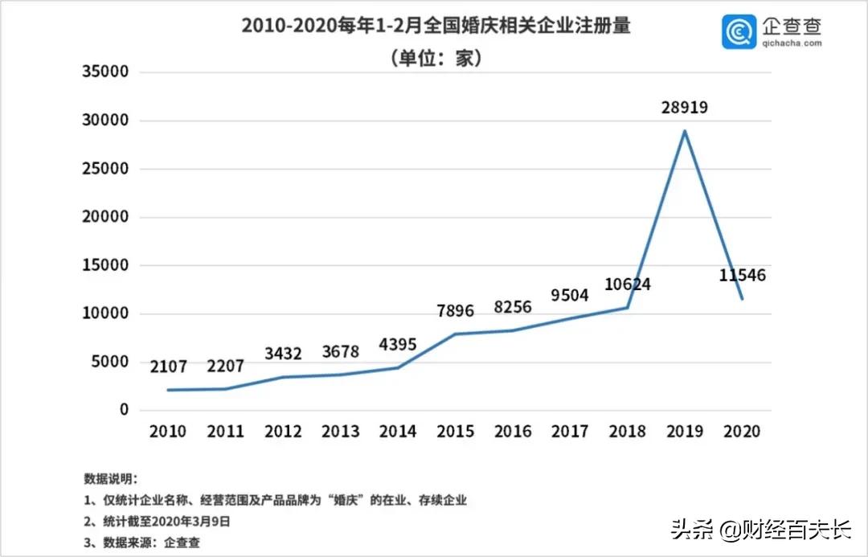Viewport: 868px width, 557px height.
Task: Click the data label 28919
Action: coord(684,106)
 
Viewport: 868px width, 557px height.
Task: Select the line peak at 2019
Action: coord(684,131)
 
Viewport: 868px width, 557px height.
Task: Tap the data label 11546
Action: coord(742,276)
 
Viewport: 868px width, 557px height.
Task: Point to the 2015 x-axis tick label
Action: coord(455,432)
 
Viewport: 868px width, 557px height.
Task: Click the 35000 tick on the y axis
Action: coord(105,72)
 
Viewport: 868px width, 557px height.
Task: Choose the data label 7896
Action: coord(455,311)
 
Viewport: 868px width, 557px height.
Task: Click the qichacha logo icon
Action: coord(739,31)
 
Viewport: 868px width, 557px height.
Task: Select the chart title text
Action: coord(436,26)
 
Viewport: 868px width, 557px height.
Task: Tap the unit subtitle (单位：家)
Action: coord(436,58)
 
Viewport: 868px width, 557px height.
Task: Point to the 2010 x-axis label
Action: coord(167,432)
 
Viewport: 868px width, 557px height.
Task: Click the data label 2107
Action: coord(167,367)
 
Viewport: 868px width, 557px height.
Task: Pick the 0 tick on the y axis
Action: coord(124,410)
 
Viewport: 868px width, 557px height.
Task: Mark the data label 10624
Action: coord(628,284)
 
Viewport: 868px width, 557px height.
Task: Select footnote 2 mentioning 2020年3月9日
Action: coord(157,521)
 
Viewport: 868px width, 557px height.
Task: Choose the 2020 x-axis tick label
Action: coord(742,432)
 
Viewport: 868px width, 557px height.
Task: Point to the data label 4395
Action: coord(398,344)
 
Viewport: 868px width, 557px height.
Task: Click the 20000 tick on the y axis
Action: coord(105,217)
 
